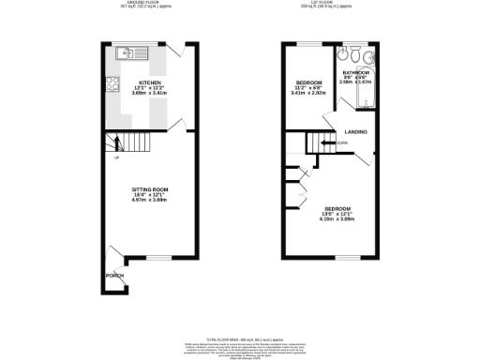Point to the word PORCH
(113, 276)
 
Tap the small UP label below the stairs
(116, 157)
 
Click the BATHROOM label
(355, 72)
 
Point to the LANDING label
(355, 131)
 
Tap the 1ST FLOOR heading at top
(334, 4)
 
